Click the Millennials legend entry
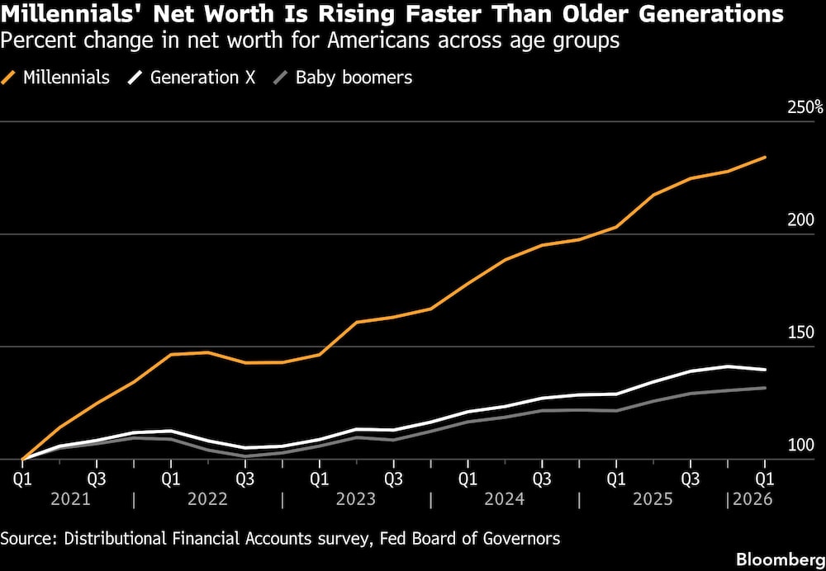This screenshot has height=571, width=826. [55, 78]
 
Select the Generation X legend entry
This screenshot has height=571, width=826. [192, 78]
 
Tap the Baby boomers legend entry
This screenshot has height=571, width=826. [343, 78]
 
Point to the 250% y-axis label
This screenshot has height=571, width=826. [805, 108]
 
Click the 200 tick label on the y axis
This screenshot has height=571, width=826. [800, 220]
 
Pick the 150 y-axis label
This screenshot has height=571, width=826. [800, 333]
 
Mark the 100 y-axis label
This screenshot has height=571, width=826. [800, 446]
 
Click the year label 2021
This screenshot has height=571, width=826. [70, 499]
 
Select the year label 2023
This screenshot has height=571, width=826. [356, 499]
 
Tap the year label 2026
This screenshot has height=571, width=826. [752, 499]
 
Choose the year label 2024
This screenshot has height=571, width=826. [505, 499]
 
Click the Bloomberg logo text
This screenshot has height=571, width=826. [781, 559]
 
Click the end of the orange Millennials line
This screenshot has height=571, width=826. [765, 157]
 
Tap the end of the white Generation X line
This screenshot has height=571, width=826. [765, 370]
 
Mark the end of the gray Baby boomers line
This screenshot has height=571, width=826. [765, 388]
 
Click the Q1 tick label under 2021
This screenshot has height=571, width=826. [22, 479]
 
